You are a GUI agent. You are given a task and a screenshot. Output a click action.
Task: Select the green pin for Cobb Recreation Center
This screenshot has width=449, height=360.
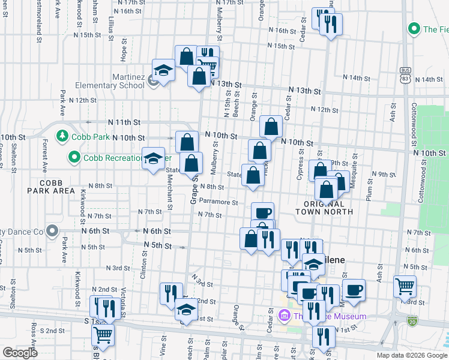74,158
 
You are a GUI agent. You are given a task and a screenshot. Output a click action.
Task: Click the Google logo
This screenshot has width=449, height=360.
20,353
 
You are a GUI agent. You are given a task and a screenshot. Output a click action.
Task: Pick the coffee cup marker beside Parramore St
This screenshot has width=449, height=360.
263,213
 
